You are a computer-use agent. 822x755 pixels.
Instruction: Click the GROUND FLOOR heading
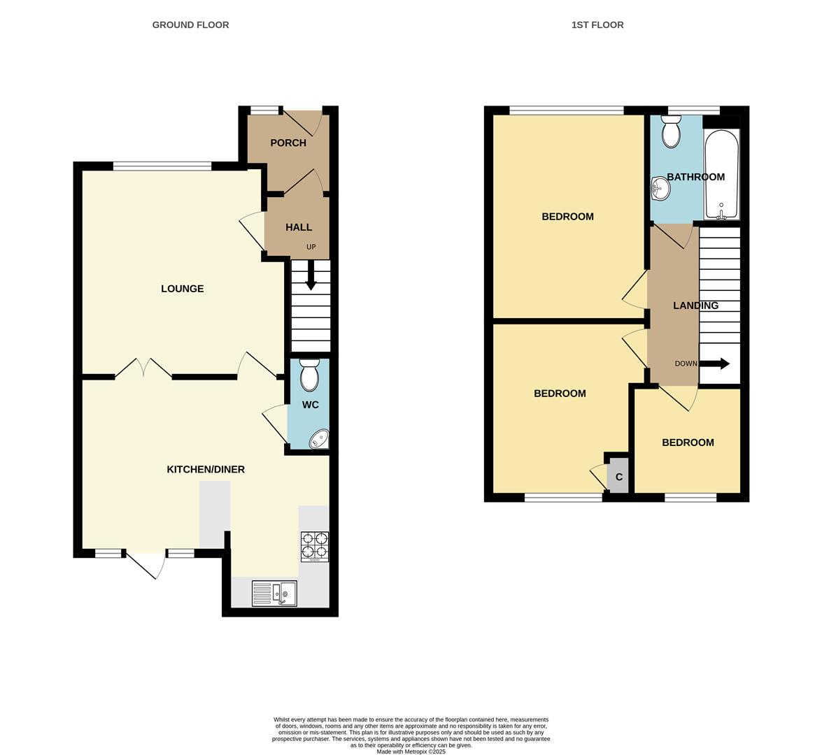click(190, 25)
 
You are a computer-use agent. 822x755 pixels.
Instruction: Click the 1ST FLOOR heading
click(597, 25)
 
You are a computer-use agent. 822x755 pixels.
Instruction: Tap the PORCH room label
click(288, 143)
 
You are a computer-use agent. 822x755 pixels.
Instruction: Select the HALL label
click(299, 227)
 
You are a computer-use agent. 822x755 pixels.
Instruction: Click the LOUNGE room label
click(182, 289)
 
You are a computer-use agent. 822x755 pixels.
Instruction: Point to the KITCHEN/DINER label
click(205, 469)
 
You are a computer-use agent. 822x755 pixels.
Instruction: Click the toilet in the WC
click(309, 375)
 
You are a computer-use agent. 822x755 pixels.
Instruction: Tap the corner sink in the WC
click(320, 439)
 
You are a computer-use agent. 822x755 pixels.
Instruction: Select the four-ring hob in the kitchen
click(314, 546)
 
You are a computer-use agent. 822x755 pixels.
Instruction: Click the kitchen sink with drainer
click(274, 594)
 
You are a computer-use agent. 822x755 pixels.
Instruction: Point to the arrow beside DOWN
click(715, 364)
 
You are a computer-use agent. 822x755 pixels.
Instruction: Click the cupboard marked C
click(618, 477)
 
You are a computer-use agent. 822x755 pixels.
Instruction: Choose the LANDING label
click(695, 305)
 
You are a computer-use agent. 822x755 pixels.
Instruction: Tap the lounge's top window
click(162, 166)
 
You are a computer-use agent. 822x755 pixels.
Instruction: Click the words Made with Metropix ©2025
click(411, 752)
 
